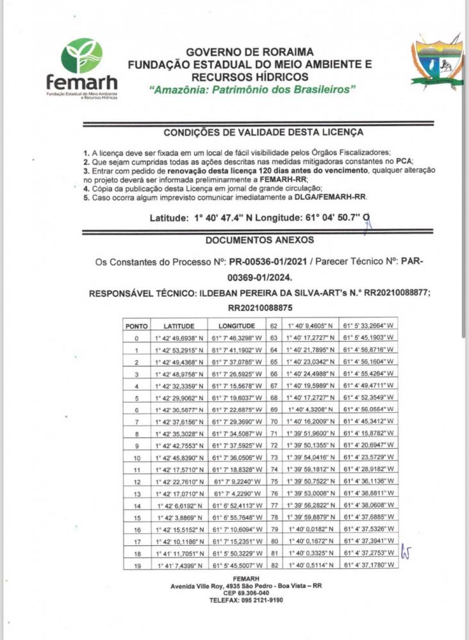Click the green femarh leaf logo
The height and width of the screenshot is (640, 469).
81,56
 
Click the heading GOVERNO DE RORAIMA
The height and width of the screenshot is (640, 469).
250,52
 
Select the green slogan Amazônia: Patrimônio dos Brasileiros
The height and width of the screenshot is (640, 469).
252,90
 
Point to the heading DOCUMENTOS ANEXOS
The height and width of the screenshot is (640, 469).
250,240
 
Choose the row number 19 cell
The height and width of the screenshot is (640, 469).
136,566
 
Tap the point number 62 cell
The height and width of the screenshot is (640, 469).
274,326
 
